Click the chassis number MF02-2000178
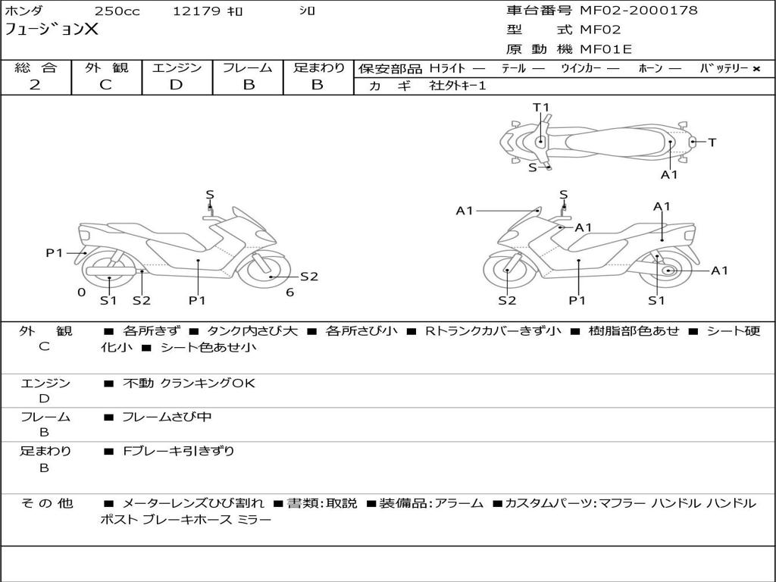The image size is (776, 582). point(638,11)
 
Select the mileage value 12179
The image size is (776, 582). point(196,11)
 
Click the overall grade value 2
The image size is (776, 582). point(35,85)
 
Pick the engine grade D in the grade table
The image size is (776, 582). point(176,85)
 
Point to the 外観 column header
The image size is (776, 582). point(106,67)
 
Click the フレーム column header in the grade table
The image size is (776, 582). point(247,67)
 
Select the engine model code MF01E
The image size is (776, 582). point(605,50)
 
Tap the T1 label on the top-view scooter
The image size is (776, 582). point(541,108)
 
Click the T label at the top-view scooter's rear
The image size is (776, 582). point(712,142)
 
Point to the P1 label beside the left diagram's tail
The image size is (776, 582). point(54,253)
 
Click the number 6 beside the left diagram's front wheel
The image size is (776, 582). point(289,293)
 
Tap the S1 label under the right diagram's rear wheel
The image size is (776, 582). point(656,300)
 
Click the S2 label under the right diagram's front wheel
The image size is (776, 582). point(507,300)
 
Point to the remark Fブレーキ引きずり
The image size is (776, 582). point(179,451)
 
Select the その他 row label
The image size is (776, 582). point(46,502)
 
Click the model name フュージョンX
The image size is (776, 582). point(52,30)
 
